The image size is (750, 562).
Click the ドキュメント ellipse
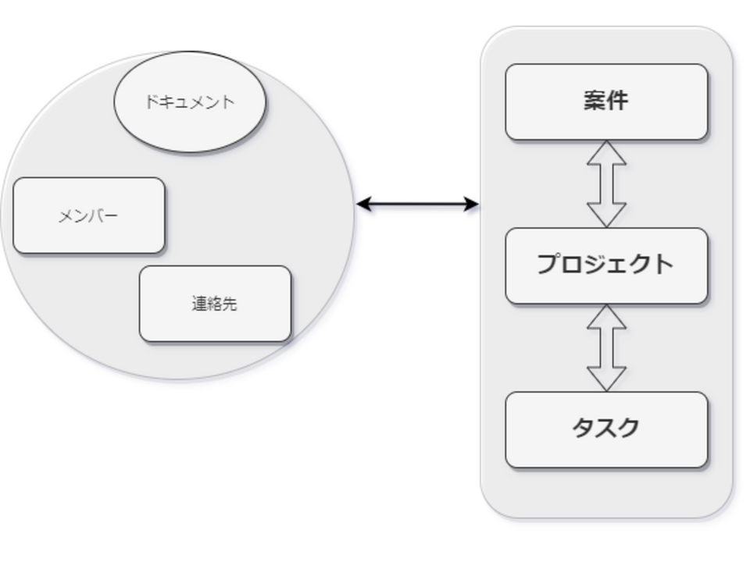click(190, 101)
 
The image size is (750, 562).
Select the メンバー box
click(89, 215)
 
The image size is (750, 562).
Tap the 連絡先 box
click(216, 304)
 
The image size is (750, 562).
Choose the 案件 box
click(606, 101)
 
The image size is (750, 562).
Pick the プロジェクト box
click(606, 265)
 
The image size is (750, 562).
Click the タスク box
click(606, 429)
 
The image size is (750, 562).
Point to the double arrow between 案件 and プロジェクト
click(606, 184)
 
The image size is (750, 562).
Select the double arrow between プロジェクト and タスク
click(606, 348)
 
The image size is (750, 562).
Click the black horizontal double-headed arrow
click(417, 205)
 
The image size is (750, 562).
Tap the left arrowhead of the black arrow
click(363, 205)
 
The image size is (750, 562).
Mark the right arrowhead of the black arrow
click(472, 205)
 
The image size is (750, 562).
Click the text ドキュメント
click(190, 101)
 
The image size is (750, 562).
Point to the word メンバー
click(88, 216)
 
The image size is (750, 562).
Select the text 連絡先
click(215, 304)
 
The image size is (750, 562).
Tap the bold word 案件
click(606, 101)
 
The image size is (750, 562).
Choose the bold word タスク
click(606, 428)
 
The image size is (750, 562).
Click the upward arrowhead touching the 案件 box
click(606, 152)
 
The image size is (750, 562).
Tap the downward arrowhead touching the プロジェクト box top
click(606, 216)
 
